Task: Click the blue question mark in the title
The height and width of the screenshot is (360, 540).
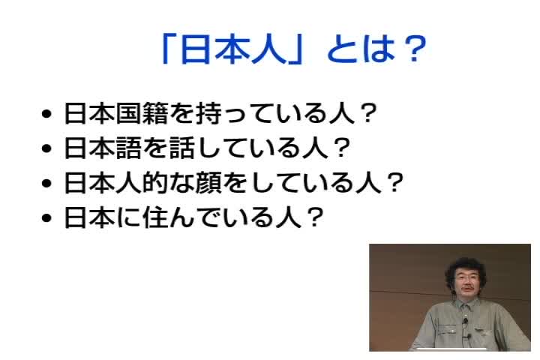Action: click(x=415, y=48)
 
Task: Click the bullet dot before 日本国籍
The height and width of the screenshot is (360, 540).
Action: click(x=46, y=114)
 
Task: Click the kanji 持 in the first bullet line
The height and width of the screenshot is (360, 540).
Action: click(x=209, y=113)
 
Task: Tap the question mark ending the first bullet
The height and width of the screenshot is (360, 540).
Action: click(x=367, y=112)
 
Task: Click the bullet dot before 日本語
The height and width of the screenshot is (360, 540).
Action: click(x=46, y=148)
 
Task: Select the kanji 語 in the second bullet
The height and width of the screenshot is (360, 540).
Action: click(x=129, y=148)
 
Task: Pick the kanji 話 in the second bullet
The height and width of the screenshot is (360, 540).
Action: click(x=182, y=148)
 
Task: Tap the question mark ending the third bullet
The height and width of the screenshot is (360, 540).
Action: click(x=394, y=182)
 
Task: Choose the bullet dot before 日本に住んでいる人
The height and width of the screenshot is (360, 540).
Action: click(x=46, y=217)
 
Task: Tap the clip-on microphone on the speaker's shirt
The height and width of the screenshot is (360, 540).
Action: click(x=465, y=321)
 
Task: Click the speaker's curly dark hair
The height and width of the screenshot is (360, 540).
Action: click(x=465, y=267)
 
